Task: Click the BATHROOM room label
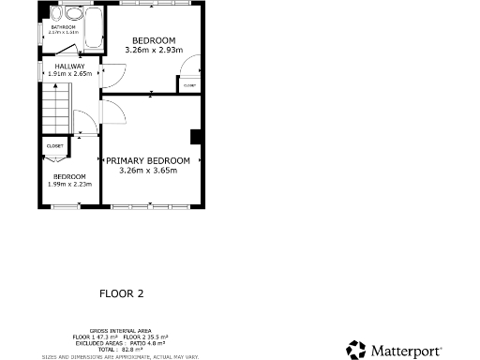(x=63, y=27)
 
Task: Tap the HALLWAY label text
(x=69, y=67)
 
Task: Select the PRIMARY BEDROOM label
(x=154, y=161)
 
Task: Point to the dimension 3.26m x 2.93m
(x=154, y=49)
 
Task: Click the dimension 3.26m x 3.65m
(x=154, y=171)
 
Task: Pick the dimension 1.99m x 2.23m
(x=68, y=184)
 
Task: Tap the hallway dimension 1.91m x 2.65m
(x=69, y=73)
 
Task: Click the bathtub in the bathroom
(x=94, y=28)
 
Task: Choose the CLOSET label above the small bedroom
(x=54, y=146)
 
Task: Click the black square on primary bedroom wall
(x=195, y=137)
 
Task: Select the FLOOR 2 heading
(x=122, y=293)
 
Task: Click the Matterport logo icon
(x=356, y=350)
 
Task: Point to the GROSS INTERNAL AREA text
(x=121, y=331)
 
